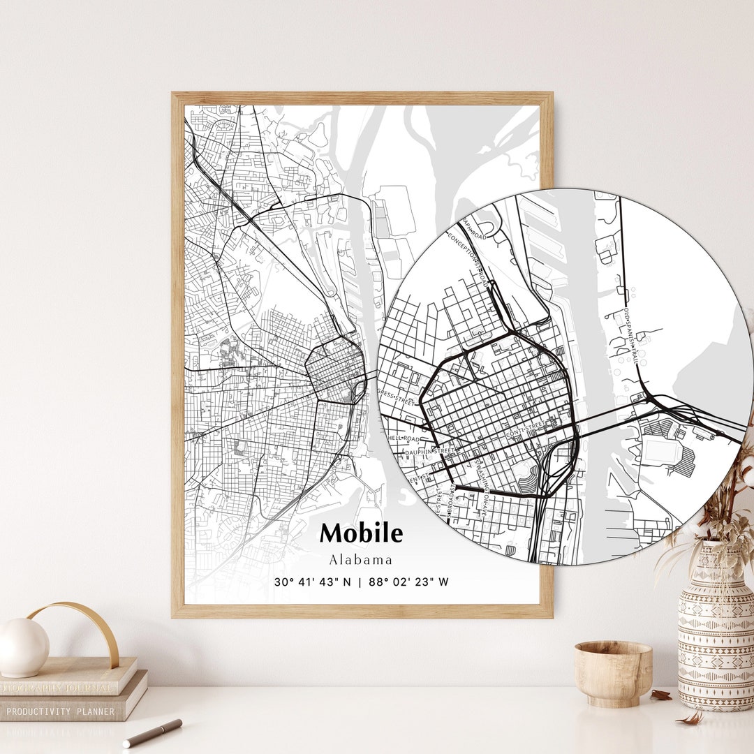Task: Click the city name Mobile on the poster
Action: [x=361, y=533]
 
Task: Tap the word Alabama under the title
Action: [x=361, y=560]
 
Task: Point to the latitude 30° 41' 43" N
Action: [x=313, y=582]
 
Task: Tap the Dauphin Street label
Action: [x=430, y=452]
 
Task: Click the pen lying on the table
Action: [x=152, y=733]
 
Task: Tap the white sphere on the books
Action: [x=22, y=646]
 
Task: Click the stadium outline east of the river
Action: [x=660, y=450]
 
